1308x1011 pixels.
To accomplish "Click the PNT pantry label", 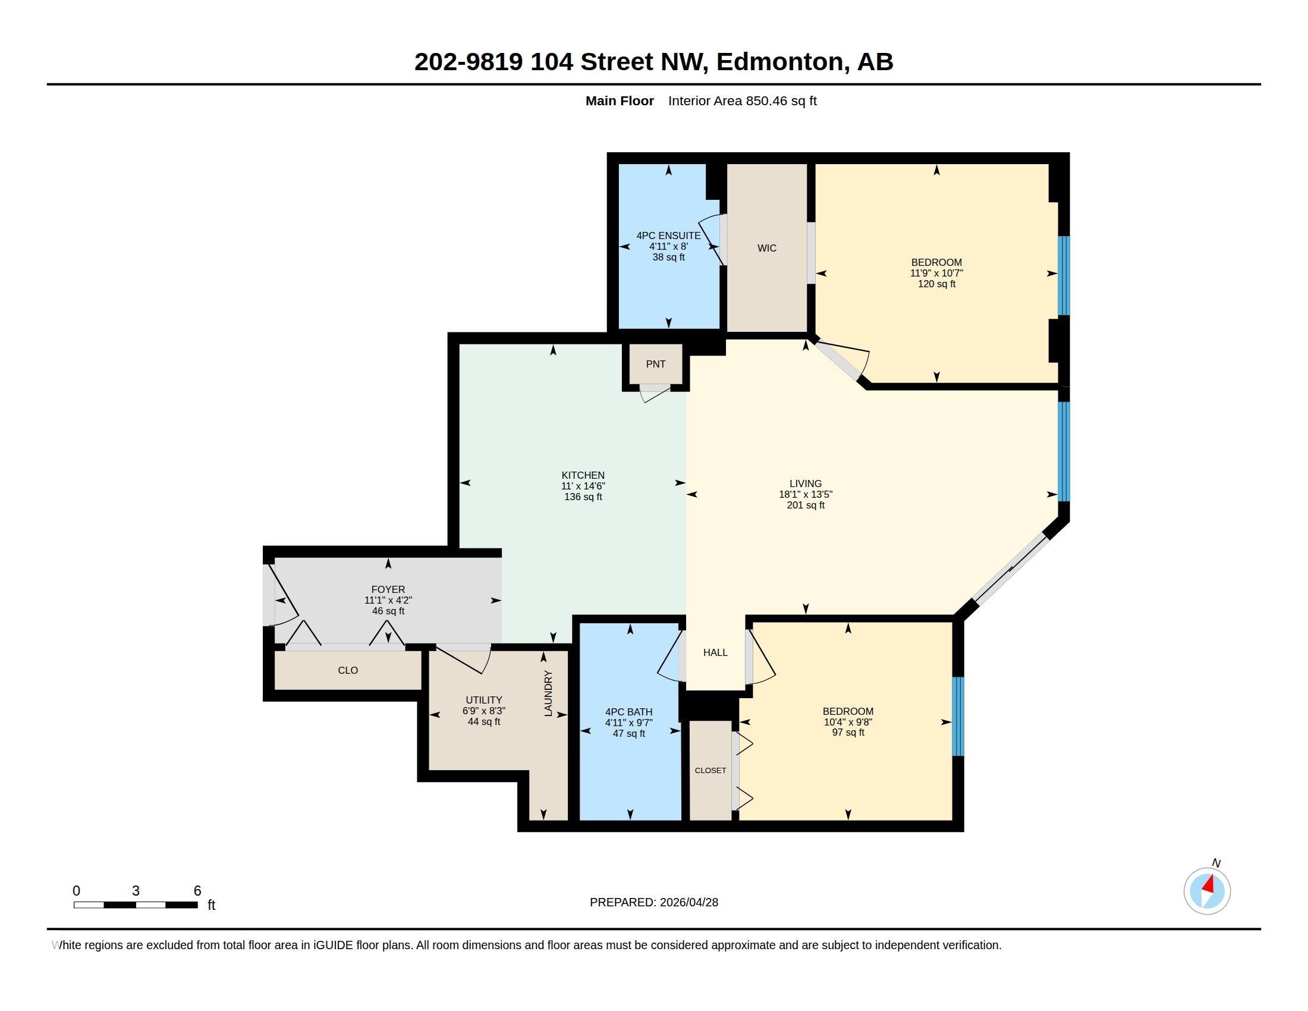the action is pyautogui.click(x=656, y=364).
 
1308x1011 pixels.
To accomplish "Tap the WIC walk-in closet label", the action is pyautogui.click(x=766, y=248).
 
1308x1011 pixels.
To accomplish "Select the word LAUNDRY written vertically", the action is pyautogui.click(x=548, y=693).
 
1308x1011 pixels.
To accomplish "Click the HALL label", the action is pyautogui.click(x=715, y=653).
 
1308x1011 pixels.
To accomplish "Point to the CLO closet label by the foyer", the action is pyautogui.click(x=348, y=671).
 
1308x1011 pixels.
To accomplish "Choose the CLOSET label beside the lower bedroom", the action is pyautogui.click(x=710, y=771).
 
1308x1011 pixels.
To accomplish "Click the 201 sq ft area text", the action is pyautogui.click(x=806, y=505).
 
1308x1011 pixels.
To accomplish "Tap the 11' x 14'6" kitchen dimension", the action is pyautogui.click(x=583, y=486).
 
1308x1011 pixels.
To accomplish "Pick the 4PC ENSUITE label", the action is pyautogui.click(x=668, y=236).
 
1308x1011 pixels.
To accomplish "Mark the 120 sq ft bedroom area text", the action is pyautogui.click(x=936, y=284).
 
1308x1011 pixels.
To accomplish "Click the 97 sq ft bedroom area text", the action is pyautogui.click(x=848, y=733).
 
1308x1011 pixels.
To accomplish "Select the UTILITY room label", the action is pyautogui.click(x=484, y=700).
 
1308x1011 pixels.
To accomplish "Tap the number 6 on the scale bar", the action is pyautogui.click(x=197, y=891).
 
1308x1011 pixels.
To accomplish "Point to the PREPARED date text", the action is pyautogui.click(x=654, y=902).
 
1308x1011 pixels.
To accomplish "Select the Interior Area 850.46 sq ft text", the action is pyautogui.click(x=743, y=101).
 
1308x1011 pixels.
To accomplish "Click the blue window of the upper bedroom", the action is pyautogui.click(x=1064, y=275).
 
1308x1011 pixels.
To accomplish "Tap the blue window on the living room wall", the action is pyautogui.click(x=1064, y=451).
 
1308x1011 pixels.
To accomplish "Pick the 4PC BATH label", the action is pyautogui.click(x=629, y=712).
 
